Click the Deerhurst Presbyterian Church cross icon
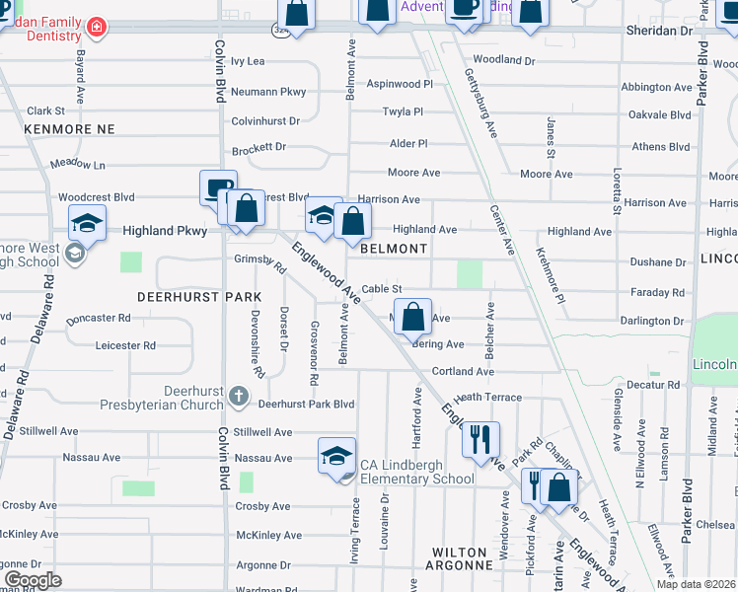[x=238, y=397]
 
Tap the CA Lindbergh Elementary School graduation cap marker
[x=336, y=456]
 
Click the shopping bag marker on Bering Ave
[x=414, y=318]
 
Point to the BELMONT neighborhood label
[x=394, y=250]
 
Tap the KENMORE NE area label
[x=70, y=129]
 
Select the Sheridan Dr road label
[x=659, y=31]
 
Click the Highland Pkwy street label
[x=165, y=231]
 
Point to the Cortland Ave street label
[x=462, y=372]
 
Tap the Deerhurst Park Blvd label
[x=306, y=404]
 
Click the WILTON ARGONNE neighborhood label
[x=458, y=558]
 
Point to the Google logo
[x=33, y=579]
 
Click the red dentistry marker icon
[x=96, y=27]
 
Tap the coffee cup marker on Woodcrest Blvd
[x=217, y=186]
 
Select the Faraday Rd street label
[x=657, y=293]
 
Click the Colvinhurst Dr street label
[x=265, y=120]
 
